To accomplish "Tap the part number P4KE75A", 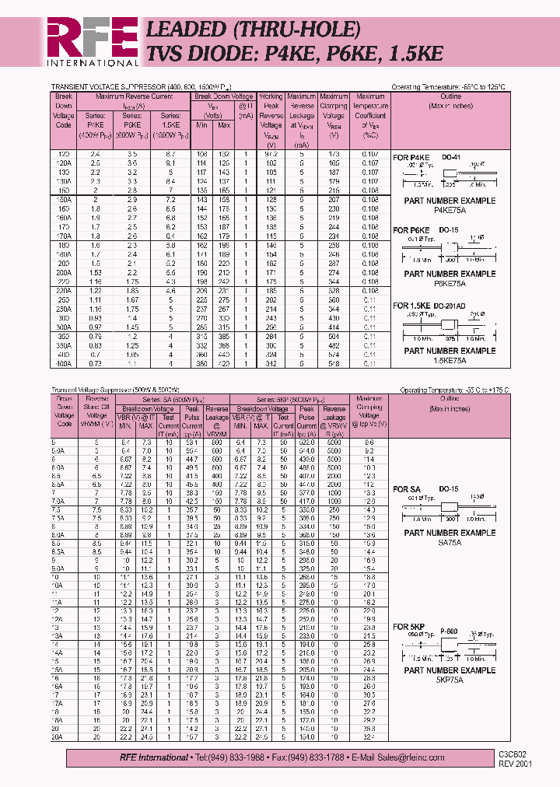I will point(450,208).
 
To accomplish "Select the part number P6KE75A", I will point(450,283).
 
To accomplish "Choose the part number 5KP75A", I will point(450,679).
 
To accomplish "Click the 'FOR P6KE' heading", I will point(411,231).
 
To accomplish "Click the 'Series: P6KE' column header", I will point(132,118).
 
